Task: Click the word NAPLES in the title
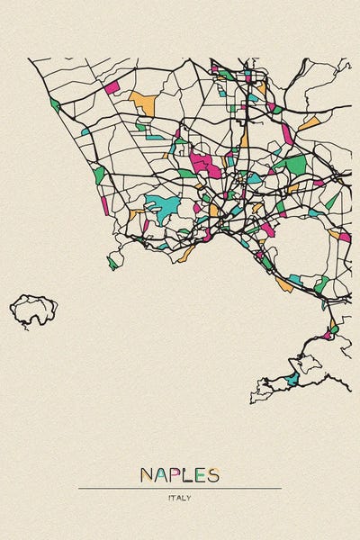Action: click(179, 474)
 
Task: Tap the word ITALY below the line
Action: click(179, 497)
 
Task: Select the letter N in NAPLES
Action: click(147, 474)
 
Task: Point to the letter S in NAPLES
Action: click(213, 474)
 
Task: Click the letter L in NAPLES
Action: click(186, 474)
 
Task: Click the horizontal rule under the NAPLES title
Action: click(179, 488)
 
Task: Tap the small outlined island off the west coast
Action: click(33, 310)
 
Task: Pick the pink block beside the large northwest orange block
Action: click(112, 88)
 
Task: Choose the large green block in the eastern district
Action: click(295, 165)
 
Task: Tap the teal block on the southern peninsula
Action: click(292, 380)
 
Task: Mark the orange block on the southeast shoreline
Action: click(284, 284)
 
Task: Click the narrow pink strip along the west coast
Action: click(104, 205)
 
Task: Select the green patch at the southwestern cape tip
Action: click(112, 263)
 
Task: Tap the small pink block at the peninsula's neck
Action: click(327, 336)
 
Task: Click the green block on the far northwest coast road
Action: click(56, 105)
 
